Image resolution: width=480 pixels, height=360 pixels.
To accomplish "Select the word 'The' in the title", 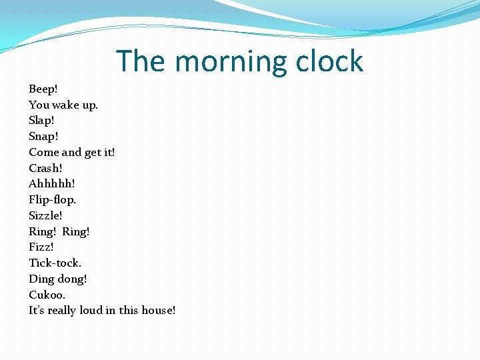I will click(x=141, y=61).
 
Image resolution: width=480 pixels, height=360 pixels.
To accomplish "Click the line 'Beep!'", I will click(x=44, y=89).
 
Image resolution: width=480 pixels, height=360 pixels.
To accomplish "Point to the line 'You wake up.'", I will click(x=63, y=105).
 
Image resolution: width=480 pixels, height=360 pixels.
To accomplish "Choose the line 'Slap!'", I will click(x=42, y=121).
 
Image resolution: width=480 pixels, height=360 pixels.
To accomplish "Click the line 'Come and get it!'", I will click(x=72, y=152).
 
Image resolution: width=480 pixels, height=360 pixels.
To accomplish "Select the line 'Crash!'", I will click(x=45, y=168).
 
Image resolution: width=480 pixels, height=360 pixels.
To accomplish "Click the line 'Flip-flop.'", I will click(x=53, y=199).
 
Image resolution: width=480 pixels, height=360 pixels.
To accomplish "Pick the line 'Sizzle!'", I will click(x=46, y=215).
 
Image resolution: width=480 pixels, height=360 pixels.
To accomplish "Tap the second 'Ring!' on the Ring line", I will click(x=76, y=231).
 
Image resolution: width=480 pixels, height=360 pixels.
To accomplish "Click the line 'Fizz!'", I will click(x=41, y=247).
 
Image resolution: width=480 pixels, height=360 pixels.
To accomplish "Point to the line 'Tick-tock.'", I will click(x=55, y=263).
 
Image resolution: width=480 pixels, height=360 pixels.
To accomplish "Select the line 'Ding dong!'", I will click(x=58, y=279).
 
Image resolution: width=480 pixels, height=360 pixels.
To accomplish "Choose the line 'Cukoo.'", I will click(x=47, y=295).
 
